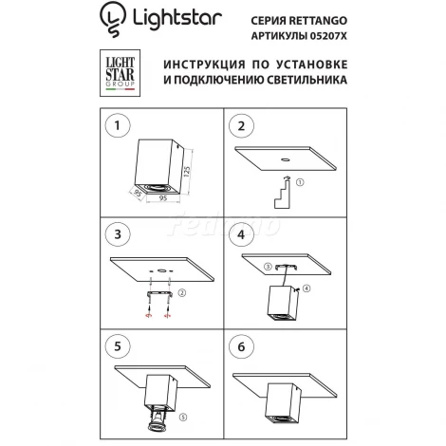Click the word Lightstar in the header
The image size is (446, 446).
[x=172, y=18]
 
